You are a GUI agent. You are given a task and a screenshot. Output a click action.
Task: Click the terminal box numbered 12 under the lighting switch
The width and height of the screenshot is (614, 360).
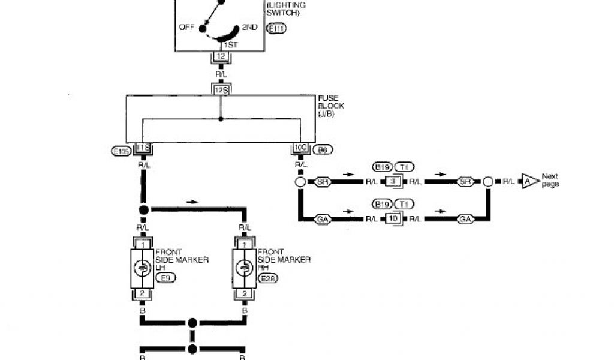click(221, 56)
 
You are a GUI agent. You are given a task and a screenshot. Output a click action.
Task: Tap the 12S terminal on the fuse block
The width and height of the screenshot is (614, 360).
click(221, 89)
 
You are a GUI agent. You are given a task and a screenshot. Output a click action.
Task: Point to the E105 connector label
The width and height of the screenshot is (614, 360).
click(122, 151)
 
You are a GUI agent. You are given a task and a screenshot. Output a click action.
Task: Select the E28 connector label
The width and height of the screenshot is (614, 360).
click(268, 278)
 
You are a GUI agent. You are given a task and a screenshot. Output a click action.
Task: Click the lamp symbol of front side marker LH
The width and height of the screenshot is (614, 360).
click(143, 268)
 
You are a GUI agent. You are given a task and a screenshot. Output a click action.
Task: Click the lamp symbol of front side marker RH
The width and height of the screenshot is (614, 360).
click(245, 268)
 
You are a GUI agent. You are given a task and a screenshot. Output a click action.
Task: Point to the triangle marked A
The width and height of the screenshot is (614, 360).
click(529, 180)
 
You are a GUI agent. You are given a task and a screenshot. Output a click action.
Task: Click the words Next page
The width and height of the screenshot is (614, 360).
click(550, 180)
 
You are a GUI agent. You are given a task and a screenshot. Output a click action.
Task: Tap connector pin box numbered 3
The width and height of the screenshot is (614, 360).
click(392, 181)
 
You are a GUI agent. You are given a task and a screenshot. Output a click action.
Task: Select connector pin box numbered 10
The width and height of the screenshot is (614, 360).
click(392, 220)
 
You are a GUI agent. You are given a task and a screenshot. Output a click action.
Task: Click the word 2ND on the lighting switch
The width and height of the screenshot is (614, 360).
click(249, 28)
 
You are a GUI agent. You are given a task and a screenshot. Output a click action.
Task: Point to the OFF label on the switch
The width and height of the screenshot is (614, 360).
click(188, 28)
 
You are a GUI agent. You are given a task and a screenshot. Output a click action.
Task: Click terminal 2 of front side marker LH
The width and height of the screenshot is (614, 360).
click(143, 293)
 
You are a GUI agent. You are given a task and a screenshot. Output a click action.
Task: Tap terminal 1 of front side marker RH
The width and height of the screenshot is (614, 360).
click(245, 244)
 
